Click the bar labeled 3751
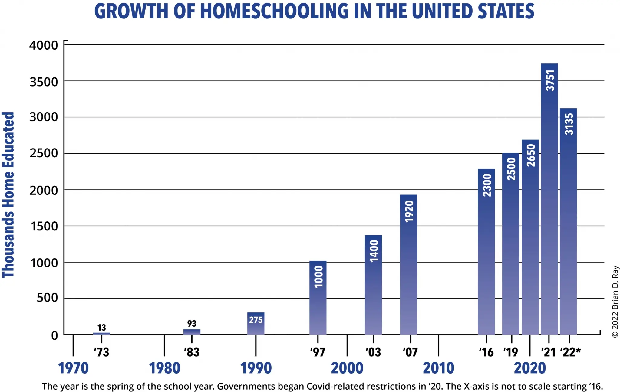point(549,200)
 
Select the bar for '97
point(318,298)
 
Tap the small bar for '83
point(192,332)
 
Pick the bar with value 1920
point(408,265)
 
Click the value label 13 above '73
point(102,328)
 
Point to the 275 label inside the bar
point(256,320)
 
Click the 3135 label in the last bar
point(569,124)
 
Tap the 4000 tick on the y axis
point(44,45)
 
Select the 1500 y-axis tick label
point(44,226)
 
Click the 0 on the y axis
point(54,335)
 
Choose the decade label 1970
point(73,368)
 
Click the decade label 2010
point(438,368)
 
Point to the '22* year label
point(570,352)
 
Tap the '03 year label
point(373,352)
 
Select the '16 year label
point(486,352)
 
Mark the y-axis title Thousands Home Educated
point(8,195)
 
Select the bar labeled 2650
point(530,237)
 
